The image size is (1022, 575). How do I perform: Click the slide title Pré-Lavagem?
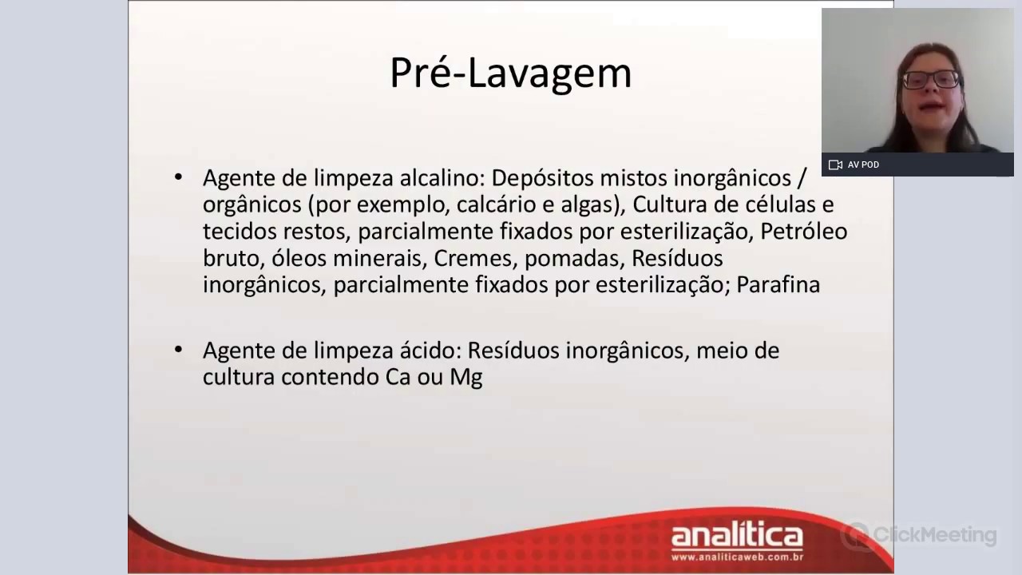(510, 73)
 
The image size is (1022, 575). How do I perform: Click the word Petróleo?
(803, 232)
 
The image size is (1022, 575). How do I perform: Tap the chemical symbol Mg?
(466, 377)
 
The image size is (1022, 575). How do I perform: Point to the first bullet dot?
(178, 176)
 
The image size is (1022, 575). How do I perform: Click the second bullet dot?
(178, 350)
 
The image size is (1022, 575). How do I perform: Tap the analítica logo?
(736, 535)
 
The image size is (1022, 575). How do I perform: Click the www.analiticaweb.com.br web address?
(736, 557)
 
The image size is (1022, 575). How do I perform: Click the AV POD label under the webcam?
(863, 165)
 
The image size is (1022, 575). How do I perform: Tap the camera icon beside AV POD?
(835, 165)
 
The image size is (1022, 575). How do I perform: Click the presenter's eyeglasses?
(931, 79)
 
